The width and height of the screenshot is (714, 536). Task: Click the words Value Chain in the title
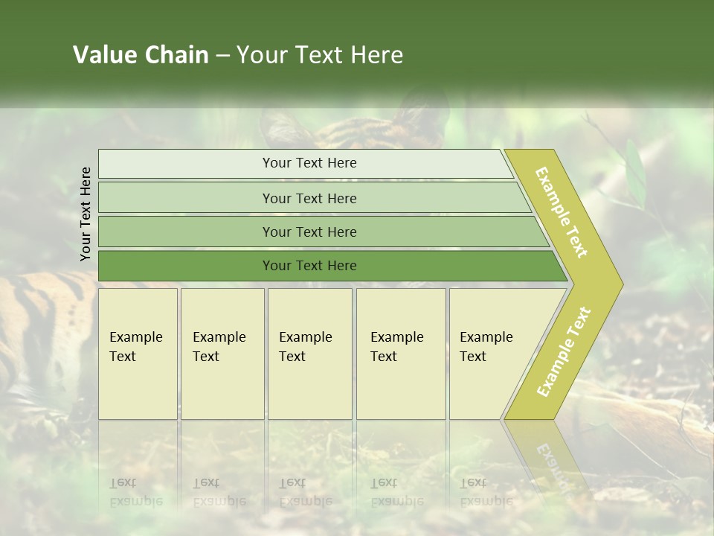click(x=141, y=55)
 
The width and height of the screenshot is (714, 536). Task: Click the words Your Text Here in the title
click(x=320, y=55)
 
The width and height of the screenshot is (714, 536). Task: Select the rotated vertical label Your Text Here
click(x=86, y=214)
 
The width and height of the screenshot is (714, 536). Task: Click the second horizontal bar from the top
click(x=309, y=198)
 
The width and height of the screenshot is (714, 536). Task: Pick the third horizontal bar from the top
click(x=309, y=232)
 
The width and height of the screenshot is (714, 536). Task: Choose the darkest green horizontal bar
click(x=309, y=266)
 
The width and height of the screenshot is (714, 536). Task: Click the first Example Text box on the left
click(x=138, y=354)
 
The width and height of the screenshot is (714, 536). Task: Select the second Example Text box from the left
click(x=222, y=354)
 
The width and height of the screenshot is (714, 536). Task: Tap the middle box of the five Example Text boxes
click(x=309, y=354)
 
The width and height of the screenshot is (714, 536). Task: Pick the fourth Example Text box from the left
click(x=401, y=354)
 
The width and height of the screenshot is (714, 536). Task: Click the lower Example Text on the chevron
click(x=563, y=352)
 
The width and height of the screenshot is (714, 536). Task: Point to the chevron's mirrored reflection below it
click(x=547, y=454)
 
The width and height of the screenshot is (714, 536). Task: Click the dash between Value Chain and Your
click(x=222, y=56)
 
